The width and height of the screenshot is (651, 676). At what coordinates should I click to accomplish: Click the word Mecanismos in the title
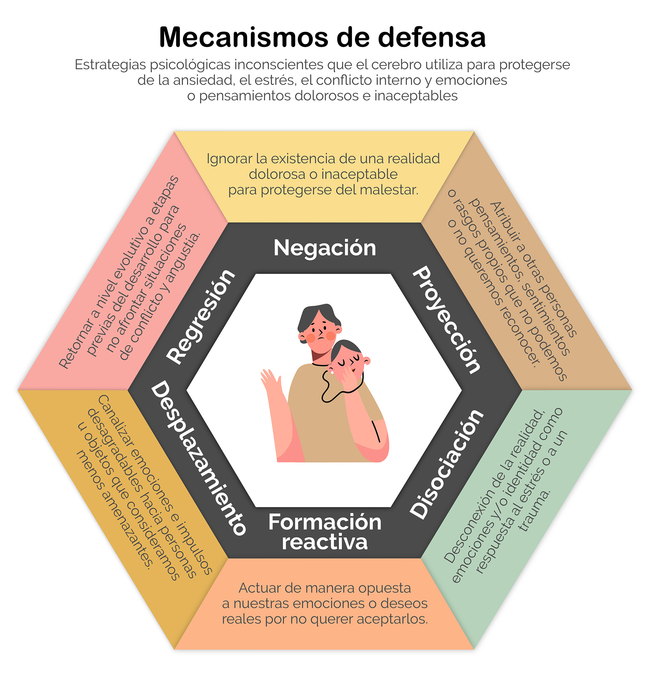(243, 37)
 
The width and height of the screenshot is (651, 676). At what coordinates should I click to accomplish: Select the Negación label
(324, 248)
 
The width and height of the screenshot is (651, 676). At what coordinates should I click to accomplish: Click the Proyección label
(447, 319)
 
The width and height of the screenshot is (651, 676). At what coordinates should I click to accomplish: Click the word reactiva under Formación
(324, 542)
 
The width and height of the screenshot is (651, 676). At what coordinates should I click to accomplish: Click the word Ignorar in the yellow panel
(229, 159)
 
